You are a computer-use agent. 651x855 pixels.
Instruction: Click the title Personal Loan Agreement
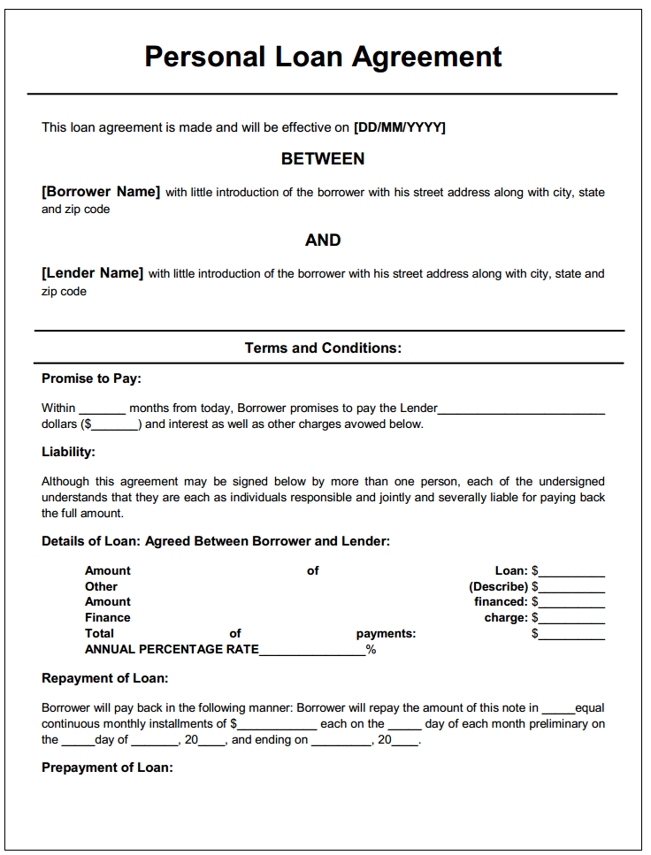[x=323, y=57]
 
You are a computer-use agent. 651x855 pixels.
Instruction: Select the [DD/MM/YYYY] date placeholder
[x=399, y=127]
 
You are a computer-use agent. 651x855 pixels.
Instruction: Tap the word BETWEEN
[x=323, y=159]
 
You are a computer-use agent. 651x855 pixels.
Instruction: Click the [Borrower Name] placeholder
[x=101, y=192]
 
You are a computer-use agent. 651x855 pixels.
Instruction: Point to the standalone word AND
[x=323, y=240]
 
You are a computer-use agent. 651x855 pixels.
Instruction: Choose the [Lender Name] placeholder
[x=92, y=273]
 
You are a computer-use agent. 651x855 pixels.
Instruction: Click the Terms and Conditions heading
[x=323, y=348]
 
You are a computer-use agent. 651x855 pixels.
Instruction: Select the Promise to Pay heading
[x=91, y=378]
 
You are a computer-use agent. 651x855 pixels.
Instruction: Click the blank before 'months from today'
[x=103, y=409]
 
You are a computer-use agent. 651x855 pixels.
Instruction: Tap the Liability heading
[x=68, y=452]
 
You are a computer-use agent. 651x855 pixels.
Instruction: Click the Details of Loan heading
[x=216, y=541]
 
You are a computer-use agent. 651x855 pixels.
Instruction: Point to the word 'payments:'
[x=386, y=634]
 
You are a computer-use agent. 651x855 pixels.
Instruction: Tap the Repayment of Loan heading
[x=104, y=679]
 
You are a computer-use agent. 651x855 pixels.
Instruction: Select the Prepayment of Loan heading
[x=107, y=767]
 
